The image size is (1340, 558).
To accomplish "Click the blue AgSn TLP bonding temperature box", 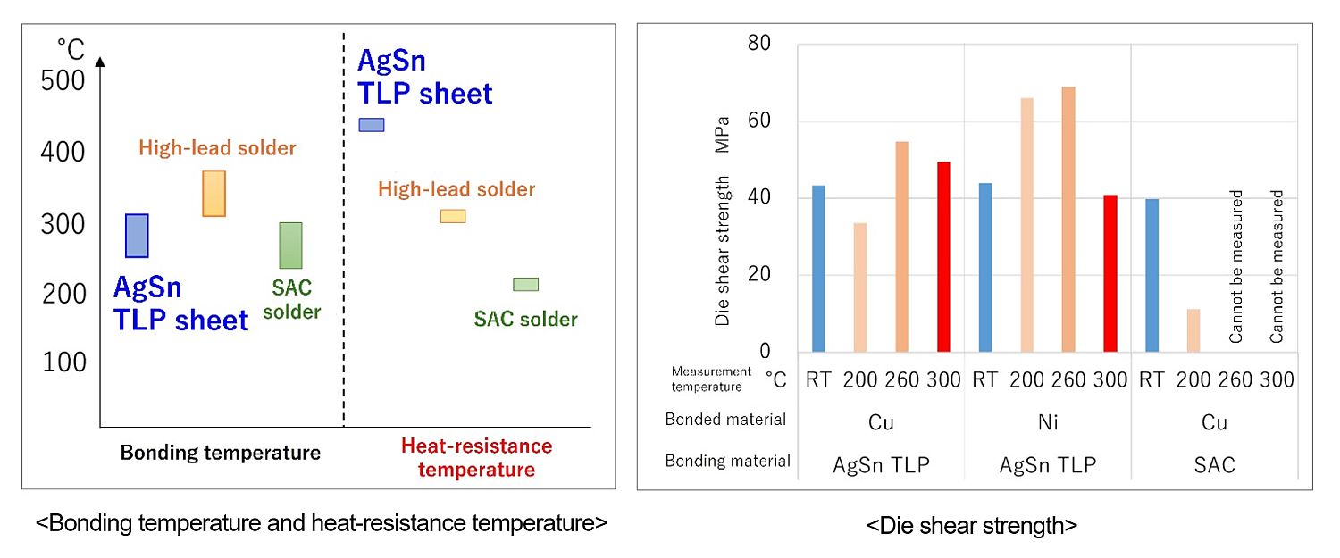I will [137, 236].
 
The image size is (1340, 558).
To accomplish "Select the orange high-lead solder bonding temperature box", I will [214, 193].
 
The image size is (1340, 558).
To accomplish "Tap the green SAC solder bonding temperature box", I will [290, 246].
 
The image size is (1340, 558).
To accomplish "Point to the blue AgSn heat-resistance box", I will [371, 125].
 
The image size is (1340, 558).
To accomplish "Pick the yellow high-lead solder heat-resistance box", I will [453, 216].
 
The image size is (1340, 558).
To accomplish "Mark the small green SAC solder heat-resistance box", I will [525, 285].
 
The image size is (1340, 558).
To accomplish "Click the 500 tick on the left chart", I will [63, 80].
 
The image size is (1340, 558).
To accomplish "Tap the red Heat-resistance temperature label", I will [476, 457].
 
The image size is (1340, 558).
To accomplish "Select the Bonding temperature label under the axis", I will [220, 453].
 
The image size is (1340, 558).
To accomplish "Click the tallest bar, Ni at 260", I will [1068, 219].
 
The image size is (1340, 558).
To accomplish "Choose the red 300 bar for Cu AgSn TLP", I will [943, 256].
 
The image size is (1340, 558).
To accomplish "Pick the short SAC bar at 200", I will [1193, 329].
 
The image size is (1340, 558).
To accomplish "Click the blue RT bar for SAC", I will [1152, 275].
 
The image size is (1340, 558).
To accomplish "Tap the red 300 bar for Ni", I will [1110, 272].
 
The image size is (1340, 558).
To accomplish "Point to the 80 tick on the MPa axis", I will [760, 44].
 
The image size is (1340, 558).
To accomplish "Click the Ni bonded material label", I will [1048, 421].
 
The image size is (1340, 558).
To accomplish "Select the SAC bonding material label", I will [1214, 464].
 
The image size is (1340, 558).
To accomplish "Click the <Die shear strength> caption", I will [971, 527].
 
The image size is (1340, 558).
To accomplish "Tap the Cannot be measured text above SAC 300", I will [1277, 266].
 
